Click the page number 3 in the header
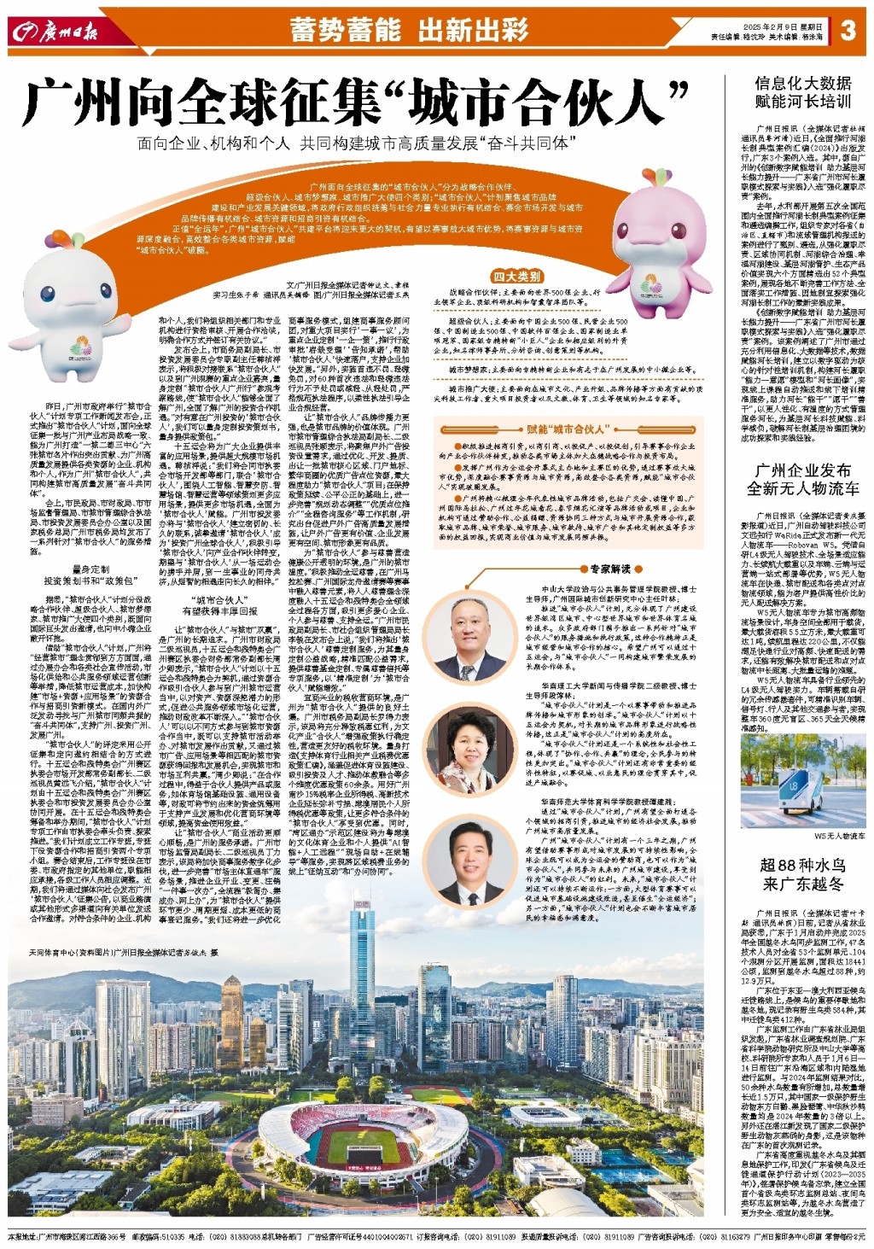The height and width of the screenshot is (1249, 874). click(x=847, y=31)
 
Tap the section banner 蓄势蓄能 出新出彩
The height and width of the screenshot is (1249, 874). click(x=409, y=31)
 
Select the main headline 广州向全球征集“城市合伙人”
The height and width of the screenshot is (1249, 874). click(x=356, y=102)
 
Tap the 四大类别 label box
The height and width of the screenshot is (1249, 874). click(x=516, y=276)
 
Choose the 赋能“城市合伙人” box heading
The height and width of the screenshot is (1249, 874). click(x=567, y=429)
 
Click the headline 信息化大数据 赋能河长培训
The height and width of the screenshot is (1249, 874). click(x=802, y=91)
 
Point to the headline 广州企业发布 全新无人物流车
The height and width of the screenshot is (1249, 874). click(x=802, y=479)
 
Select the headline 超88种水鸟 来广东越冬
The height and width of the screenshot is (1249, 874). click(x=802, y=873)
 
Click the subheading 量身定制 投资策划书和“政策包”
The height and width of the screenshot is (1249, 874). click(x=89, y=575)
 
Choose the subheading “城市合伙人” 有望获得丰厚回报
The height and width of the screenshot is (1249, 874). click(x=219, y=605)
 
